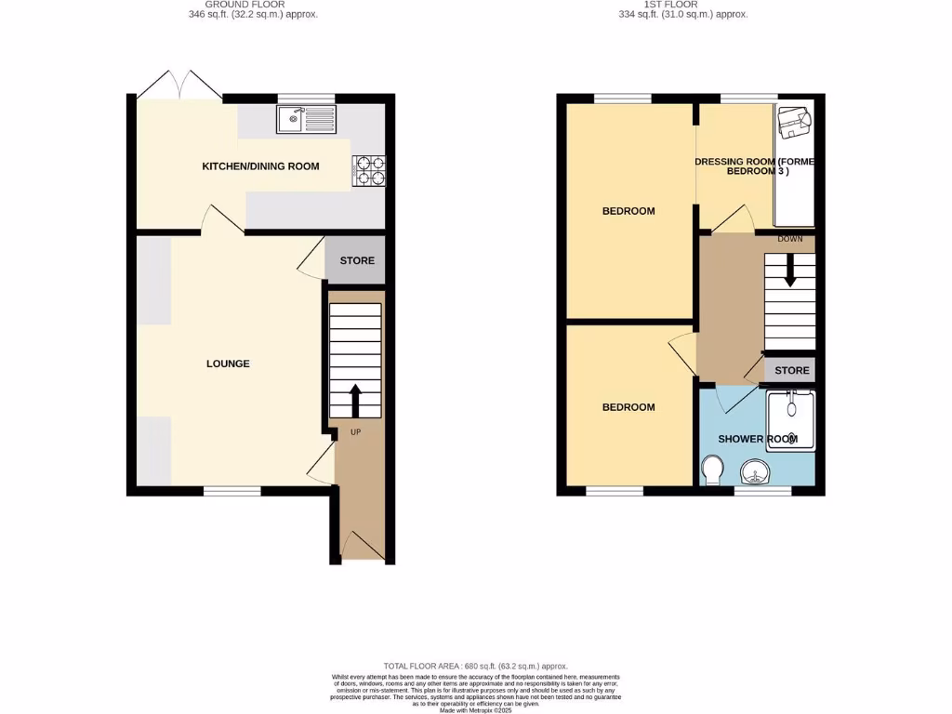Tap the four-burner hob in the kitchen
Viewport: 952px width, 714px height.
pos(367,170)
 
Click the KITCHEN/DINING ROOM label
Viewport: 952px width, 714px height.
pos(260,166)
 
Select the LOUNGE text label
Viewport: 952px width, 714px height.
pos(228,364)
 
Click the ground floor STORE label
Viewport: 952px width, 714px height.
pos(357,260)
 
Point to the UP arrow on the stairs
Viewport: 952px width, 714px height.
pos(355,400)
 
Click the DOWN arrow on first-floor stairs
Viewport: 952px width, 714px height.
pos(790,272)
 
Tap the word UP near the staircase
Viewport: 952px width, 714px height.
pos(356,432)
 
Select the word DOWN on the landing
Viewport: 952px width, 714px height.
pos(790,239)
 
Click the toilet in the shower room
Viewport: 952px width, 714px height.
pos(714,469)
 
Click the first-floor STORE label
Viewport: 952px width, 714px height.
pos(792,370)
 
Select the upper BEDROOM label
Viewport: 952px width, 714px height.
pos(628,211)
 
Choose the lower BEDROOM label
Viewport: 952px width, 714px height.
pos(628,407)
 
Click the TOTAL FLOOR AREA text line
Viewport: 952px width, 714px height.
pos(475,667)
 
